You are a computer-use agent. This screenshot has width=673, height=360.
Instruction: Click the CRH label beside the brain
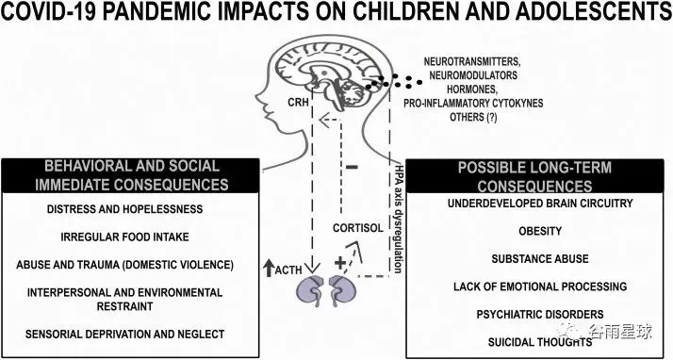(x=298, y=102)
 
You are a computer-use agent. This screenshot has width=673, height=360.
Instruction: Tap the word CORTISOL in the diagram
(x=358, y=228)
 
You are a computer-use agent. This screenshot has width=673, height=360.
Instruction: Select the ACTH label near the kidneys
(x=288, y=270)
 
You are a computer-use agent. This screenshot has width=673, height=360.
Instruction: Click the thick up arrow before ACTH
(x=269, y=268)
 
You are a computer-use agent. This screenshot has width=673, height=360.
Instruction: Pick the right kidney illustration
(x=342, y=290)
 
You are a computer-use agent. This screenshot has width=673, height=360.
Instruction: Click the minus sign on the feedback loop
(x=352, y=167)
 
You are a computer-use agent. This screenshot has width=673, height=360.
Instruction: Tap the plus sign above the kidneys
(x=339, y=263)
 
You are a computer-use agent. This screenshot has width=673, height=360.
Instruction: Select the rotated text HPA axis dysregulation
(x=398, y=218)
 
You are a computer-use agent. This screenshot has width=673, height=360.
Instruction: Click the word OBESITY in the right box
(x=540, y=231)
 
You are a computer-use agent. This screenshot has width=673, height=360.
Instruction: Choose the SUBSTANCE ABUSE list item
(x=540, y=259)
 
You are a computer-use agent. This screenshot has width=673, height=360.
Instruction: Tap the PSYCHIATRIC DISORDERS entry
(x=540, y=314)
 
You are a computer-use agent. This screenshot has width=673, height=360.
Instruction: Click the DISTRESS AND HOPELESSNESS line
(x=125, y=209)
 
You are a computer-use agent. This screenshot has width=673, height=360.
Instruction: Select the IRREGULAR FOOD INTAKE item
(x=125, y=237)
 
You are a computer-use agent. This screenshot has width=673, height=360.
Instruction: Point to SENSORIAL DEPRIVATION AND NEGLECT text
(x=125, y=334)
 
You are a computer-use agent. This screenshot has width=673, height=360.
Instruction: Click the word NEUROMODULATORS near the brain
(x=473, y=75)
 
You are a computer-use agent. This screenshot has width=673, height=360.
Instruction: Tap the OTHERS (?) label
(x=473, y=117)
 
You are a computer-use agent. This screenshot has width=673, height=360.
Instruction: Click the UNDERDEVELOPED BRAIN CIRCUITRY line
(x=540, y=203)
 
